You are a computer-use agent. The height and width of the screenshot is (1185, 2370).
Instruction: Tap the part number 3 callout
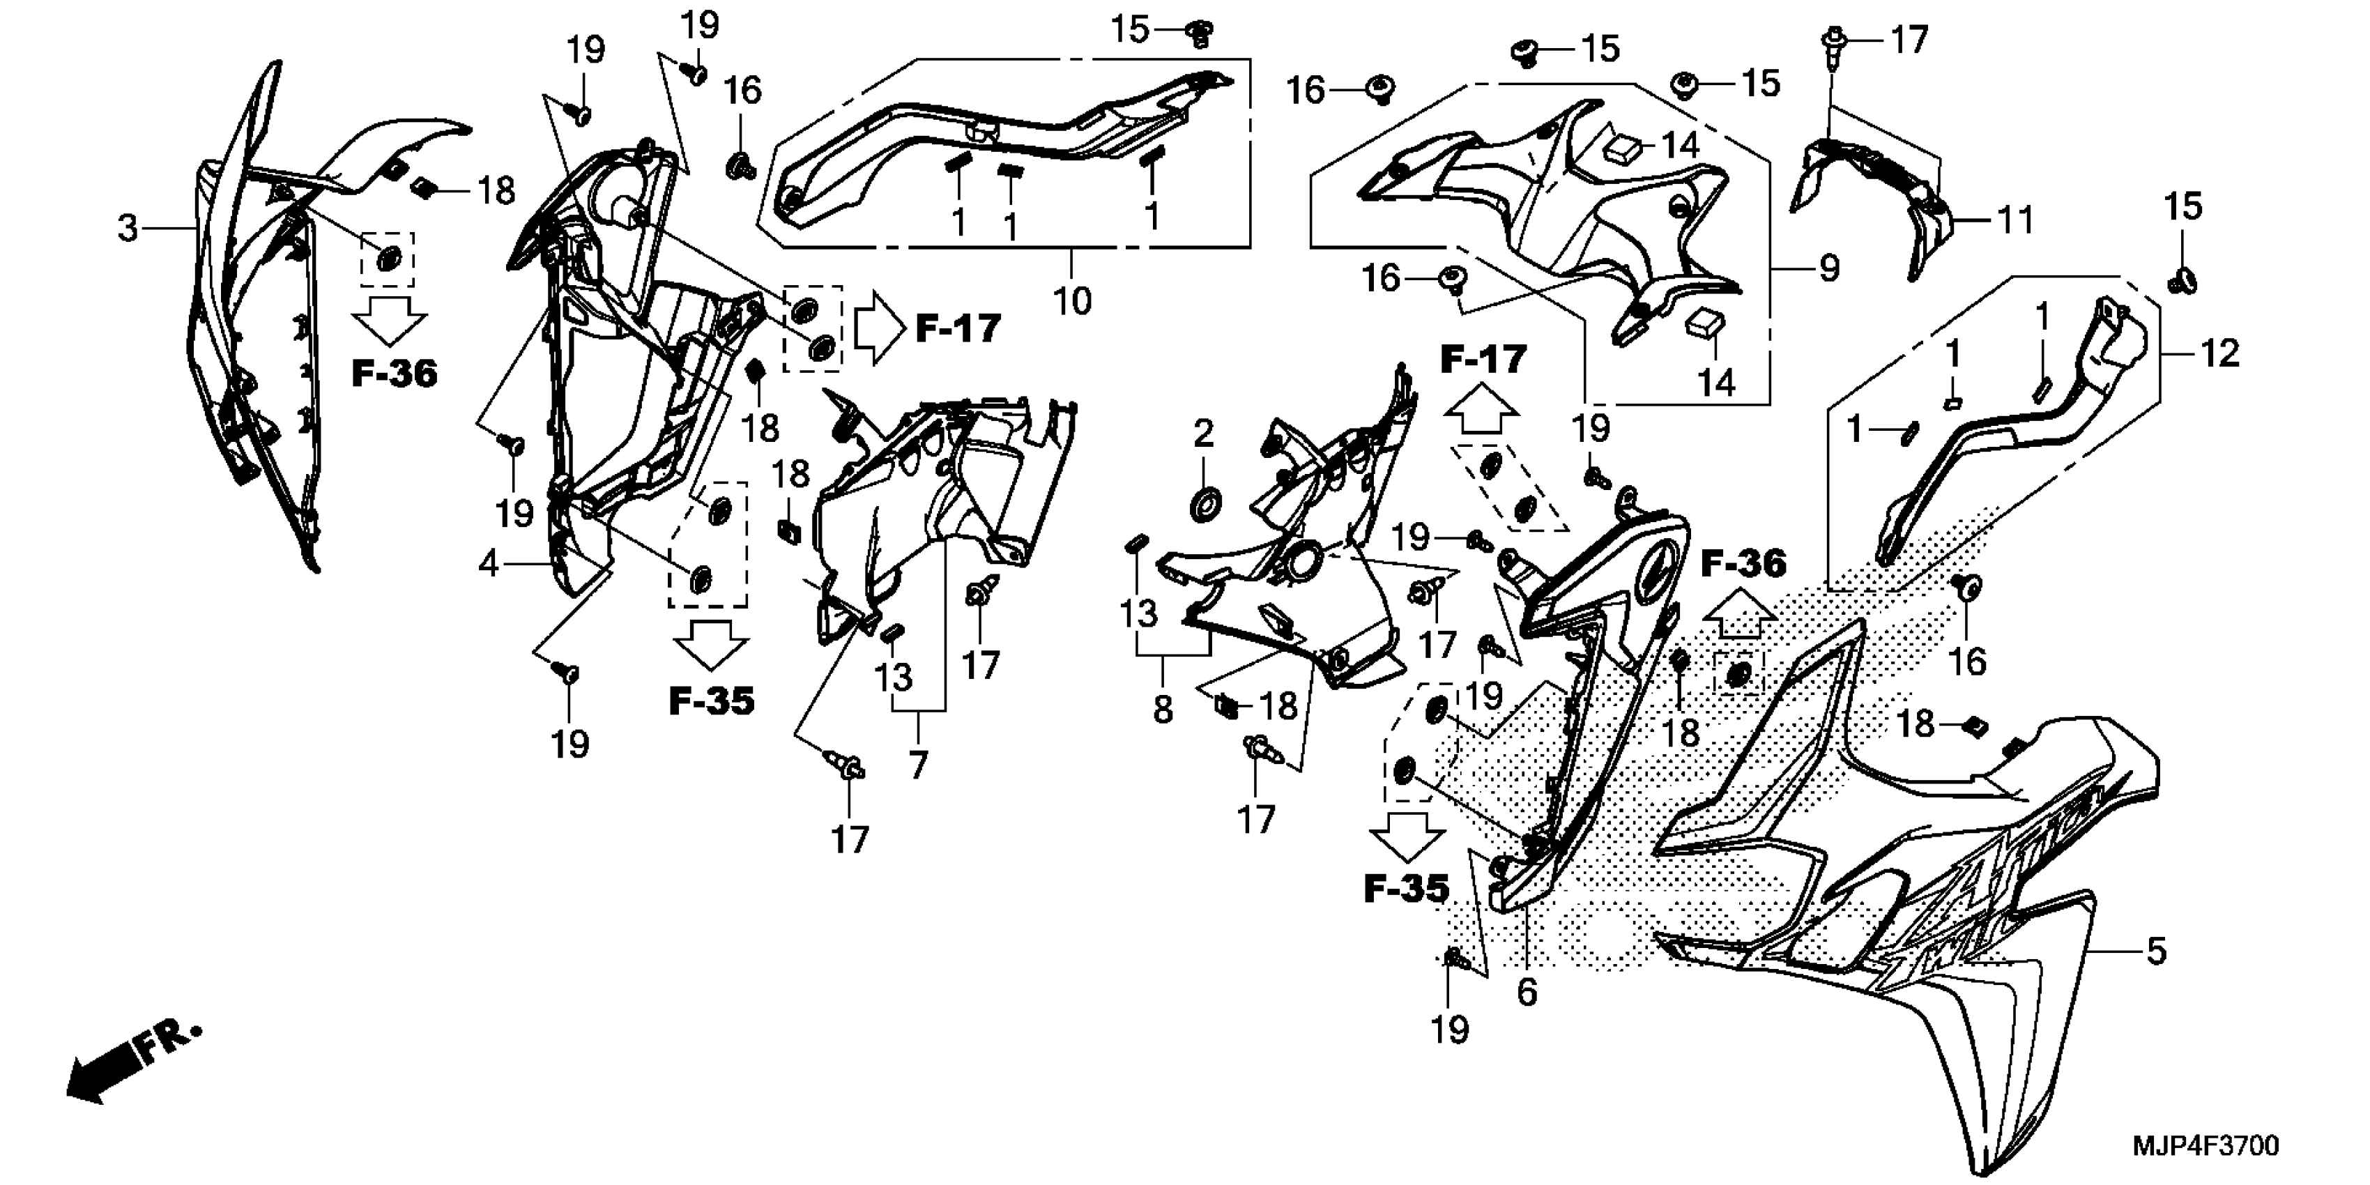128,227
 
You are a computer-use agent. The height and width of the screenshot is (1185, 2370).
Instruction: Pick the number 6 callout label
1527,992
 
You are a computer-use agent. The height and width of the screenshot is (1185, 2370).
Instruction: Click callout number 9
1828,268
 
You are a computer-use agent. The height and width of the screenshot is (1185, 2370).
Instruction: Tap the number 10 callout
1072,301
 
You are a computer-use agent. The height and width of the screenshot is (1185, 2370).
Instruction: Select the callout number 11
2015,221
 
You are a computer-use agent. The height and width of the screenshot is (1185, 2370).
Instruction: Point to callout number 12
2219,353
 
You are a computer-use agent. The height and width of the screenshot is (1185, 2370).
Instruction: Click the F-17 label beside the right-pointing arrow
958,328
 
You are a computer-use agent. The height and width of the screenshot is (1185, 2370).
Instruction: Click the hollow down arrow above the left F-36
389,321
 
